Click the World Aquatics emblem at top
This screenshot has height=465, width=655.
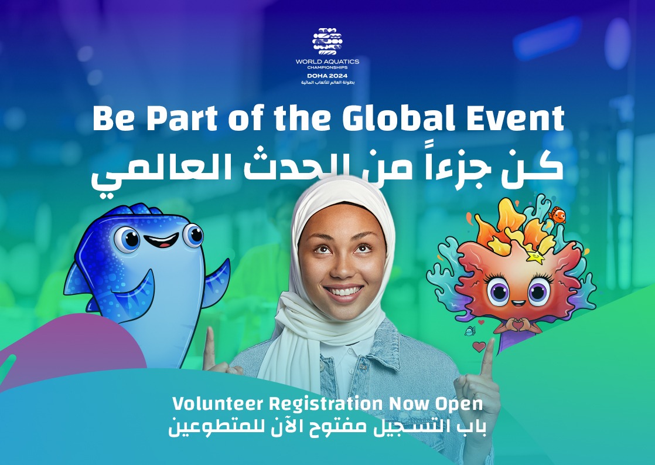(x=327, y=42)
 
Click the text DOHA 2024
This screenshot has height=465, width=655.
(x=327, y=76)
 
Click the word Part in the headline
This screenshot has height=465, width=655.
(x=182, y=118)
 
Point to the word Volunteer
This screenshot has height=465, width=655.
(x=217, y=404)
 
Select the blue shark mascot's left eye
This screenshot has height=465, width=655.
(x=127, y=239)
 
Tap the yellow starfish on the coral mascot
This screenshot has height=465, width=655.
(x=535, y=256)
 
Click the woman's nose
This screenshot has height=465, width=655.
(x=342, y=269)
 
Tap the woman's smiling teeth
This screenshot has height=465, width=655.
(x=344, y=291)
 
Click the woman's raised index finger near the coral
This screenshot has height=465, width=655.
(x=487, y=359)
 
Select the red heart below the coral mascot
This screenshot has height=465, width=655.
(x=479, y=347)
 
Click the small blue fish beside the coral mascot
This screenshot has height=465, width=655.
(x=470, y=331)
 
